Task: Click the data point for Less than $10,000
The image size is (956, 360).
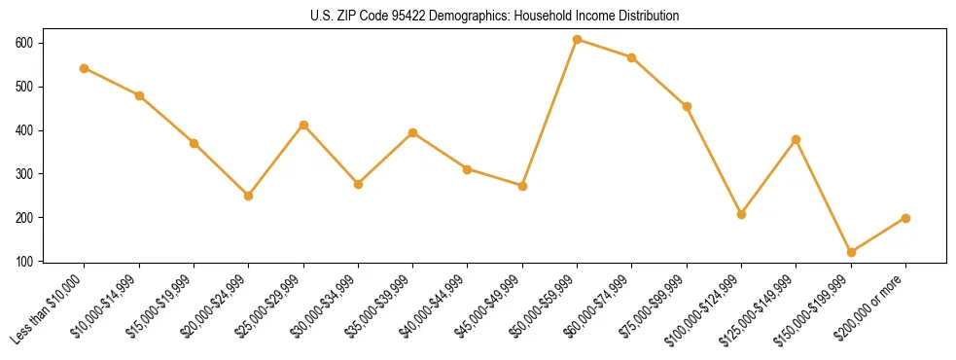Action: coord(85,68)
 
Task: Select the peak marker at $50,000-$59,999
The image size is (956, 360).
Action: coord(578,40)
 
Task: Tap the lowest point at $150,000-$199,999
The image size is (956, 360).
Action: coord(851,252)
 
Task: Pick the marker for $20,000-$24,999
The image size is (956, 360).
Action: coord(249,196)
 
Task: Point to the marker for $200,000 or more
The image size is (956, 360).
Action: coord(905,218)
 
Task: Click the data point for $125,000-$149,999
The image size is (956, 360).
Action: coord(797,139)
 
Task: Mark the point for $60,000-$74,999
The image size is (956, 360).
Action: coord(632,57)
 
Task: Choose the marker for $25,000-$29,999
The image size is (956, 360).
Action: coord(303,125)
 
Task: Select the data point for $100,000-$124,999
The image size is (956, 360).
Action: coord(741,214)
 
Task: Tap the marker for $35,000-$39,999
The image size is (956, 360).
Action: coord(413,132)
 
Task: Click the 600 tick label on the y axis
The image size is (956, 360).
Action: coord(24,44)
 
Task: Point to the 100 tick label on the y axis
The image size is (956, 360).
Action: coord(24,262)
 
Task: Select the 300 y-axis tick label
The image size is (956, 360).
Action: coord(24,174)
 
